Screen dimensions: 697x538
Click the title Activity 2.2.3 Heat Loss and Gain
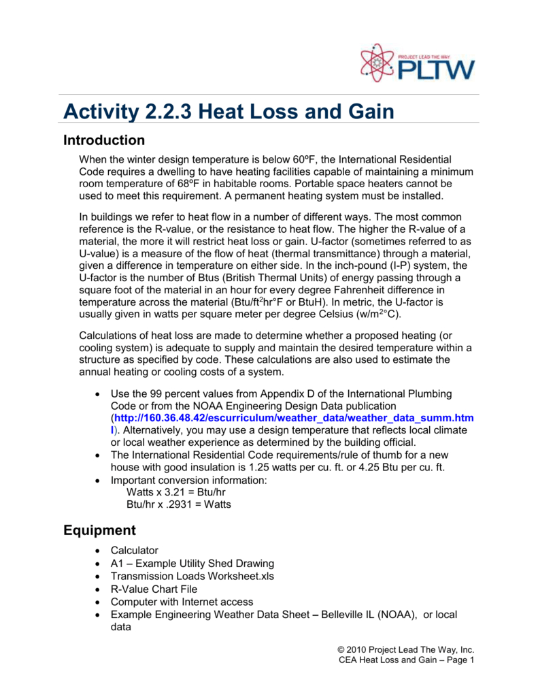(x=229, y=110)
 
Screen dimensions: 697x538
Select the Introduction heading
(x=103, y=141)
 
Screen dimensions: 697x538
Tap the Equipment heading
(x=99, y=530)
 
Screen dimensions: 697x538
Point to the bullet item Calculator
(x=135, y=550)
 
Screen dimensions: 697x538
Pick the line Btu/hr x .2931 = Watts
(x=179, y=505)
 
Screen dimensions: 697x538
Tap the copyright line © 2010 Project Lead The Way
(x=406, y=649)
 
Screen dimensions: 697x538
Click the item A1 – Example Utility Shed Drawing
(x=192, y=563)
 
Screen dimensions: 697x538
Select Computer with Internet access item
(x=182, y=602)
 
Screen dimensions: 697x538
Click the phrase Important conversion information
(x=190, y=480)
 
